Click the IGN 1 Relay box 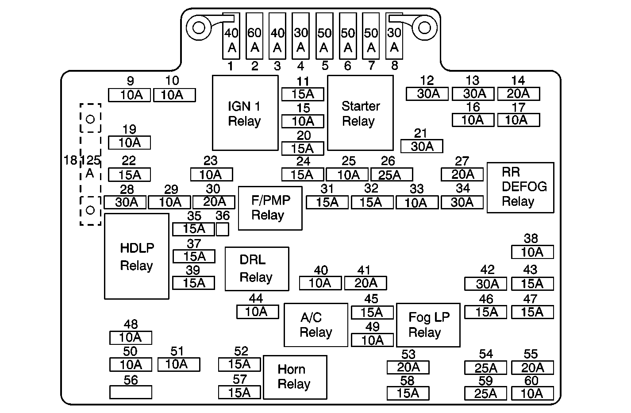point(245,113)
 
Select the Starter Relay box point(360,113)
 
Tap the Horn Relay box point(295,377)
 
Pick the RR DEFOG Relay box point(520,187)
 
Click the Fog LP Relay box point(428,325)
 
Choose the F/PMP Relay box point(270,208)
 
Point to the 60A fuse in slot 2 point(254,36)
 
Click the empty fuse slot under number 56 point(131,392)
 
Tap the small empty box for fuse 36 point(223,229)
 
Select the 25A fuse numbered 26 point(392,175)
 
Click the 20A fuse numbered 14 point(519,94)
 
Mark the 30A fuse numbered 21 point(422,146)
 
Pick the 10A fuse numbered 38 point(532,252)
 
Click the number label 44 point(256,298)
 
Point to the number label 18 point(70,160)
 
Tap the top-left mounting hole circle point(199,28)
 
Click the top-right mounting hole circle point(424,28)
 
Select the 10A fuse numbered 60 point(532,393)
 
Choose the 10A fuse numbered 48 point(131,337)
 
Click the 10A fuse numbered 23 point(212,175)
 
